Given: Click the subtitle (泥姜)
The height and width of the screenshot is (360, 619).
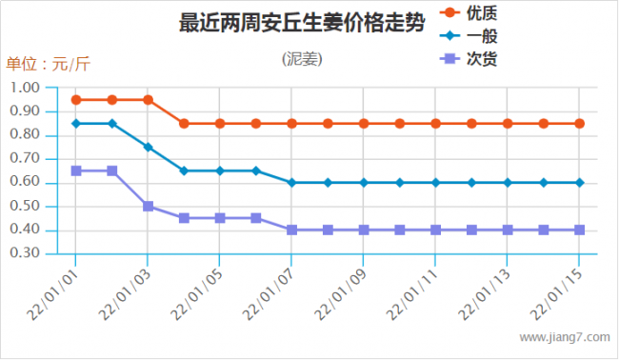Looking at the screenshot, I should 302,59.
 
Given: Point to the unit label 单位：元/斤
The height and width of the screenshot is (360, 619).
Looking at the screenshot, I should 49,65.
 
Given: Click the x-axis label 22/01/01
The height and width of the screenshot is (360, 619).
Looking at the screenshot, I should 58,290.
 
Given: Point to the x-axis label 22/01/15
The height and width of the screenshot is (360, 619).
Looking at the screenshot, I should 560,290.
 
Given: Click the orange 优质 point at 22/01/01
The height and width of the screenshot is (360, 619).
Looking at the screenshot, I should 76,100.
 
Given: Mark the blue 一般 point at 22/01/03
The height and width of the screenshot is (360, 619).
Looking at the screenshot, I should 148,147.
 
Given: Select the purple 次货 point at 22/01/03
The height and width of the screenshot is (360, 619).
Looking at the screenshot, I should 148,206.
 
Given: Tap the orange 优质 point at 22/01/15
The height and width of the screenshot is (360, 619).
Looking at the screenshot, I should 579,124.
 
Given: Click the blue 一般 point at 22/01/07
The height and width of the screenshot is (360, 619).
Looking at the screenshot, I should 291,183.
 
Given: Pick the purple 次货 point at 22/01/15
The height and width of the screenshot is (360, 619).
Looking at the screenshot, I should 579,230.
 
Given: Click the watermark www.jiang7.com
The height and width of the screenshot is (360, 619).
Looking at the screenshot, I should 564,337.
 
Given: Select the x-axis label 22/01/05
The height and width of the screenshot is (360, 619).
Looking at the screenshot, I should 201,290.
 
